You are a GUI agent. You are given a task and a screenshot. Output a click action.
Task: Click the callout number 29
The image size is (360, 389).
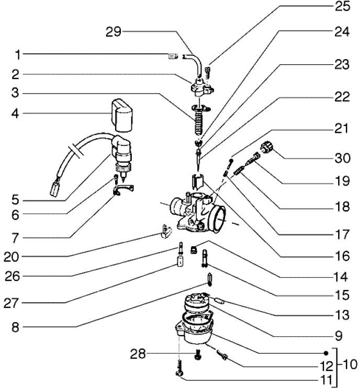113,32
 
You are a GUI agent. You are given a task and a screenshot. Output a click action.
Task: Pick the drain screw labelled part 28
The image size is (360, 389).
198,356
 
